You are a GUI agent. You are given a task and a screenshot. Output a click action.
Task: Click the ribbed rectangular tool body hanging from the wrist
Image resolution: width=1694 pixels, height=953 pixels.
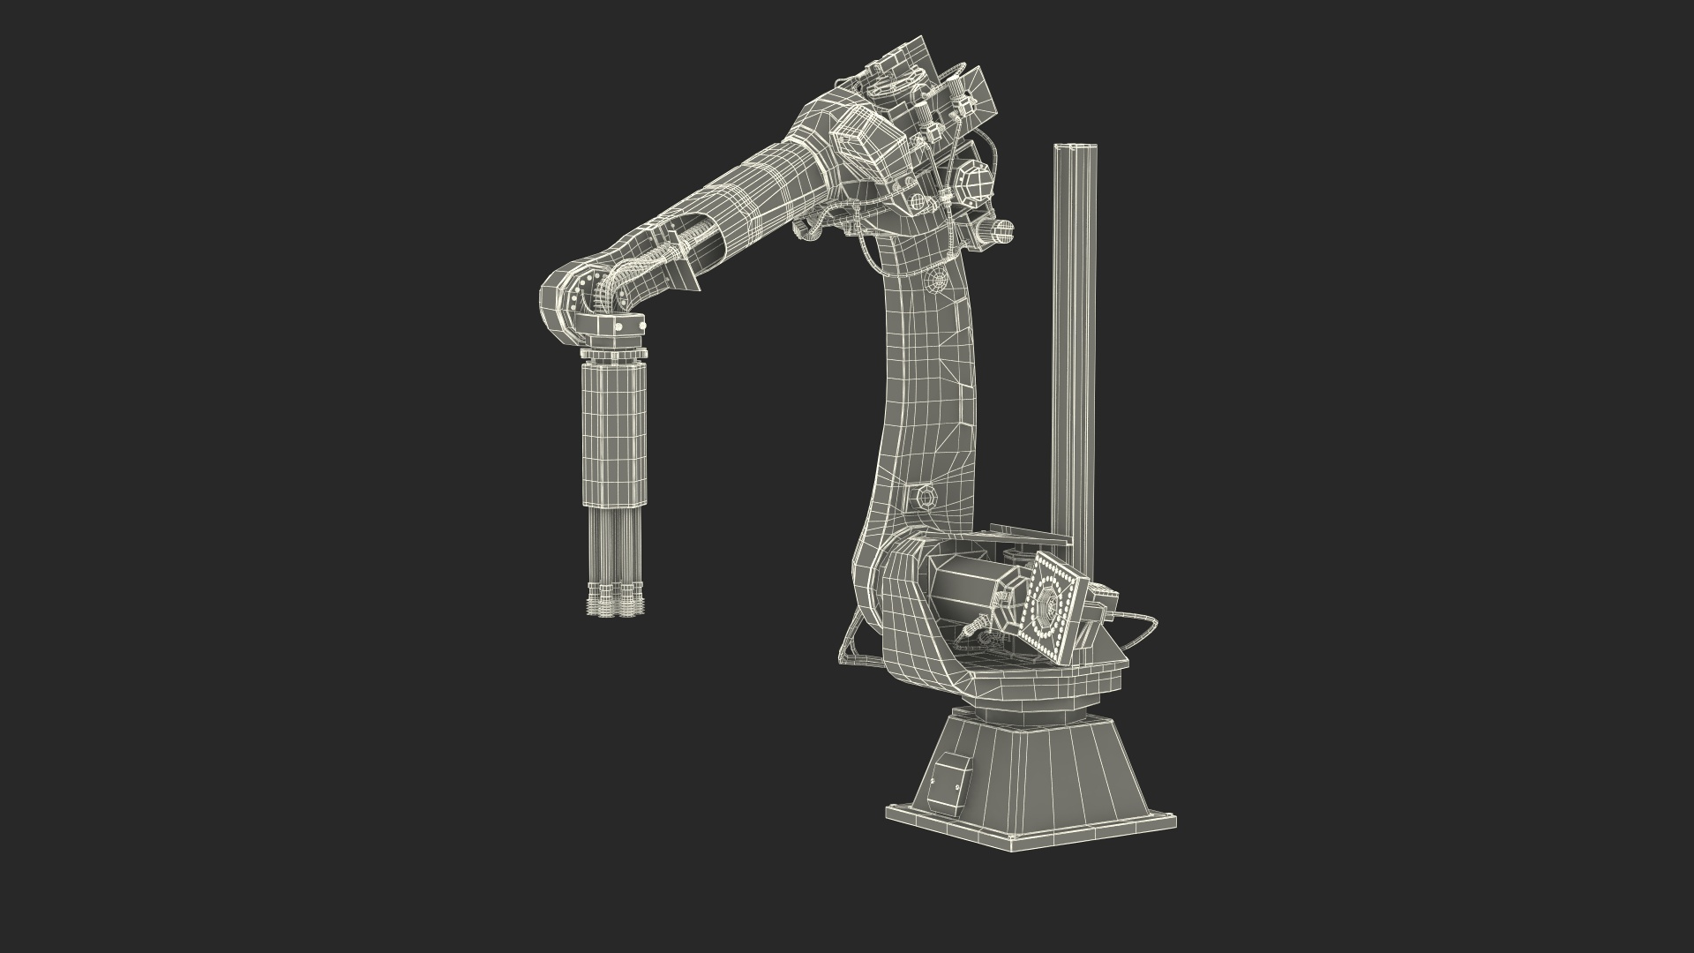616,437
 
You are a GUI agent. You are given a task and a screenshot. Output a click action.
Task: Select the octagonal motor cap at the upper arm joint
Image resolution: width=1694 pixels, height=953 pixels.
976,184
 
